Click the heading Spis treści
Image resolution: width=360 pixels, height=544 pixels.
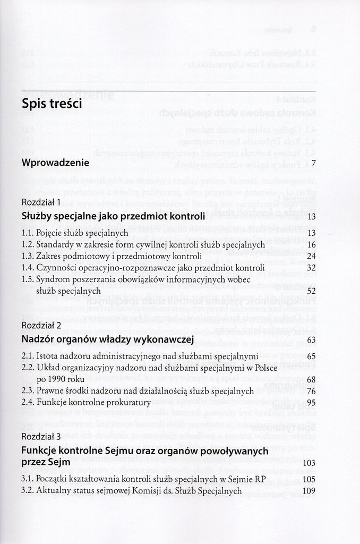pyautogui.click(x=52, y=104)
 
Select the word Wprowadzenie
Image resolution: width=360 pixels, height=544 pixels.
pyautogui.click(x=55, y=163)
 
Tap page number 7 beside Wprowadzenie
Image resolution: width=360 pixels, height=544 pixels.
pyautogui.click(x=314, y=163)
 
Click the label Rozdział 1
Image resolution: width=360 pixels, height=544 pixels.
pyautogui.click(x=41, y=202)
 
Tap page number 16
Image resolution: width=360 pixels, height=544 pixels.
pyautogui.click(x=311, y=244)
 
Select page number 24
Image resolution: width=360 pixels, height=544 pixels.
pyautogui.click(x=311, y=256)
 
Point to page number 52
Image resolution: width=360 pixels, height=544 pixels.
pyautogui.click(x=311, y=291)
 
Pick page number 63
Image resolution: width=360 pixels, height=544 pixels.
pyautogui.click(x=311, y=339)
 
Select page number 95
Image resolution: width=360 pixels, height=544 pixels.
pyautogui.click(x=311, y=403)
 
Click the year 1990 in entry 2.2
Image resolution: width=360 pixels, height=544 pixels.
pyautogui.click(x=58, y=379)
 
